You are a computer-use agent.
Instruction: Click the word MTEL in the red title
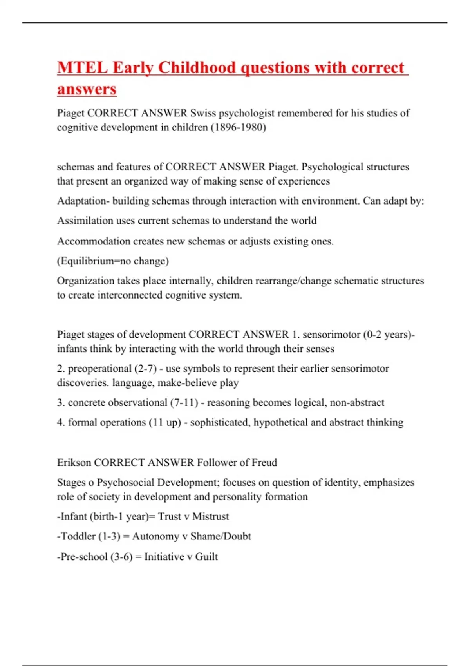82,68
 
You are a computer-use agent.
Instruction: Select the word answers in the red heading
87,89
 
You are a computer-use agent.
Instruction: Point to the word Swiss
203,113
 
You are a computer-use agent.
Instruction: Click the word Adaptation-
83,201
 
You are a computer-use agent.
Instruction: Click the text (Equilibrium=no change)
113,261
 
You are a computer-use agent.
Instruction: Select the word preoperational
99,369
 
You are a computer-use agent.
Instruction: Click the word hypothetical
281,422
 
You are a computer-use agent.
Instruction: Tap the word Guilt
206,557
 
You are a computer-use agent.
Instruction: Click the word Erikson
74,463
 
